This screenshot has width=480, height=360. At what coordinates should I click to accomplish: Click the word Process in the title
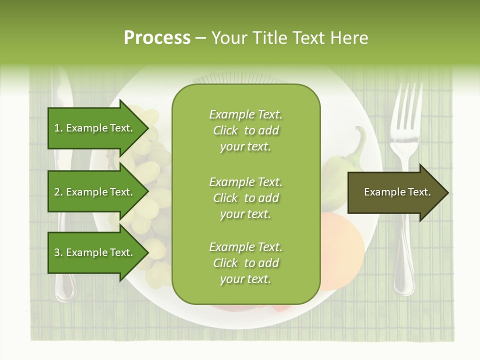[x=157, y=38]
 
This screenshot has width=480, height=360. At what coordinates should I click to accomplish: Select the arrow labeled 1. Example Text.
[x=95, y=128]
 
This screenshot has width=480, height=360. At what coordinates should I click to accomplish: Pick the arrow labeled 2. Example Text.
[x=95, y=192]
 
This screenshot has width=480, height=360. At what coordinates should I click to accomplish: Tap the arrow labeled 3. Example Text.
[x=95, y=252]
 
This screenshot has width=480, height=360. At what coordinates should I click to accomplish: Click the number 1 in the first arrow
[x=56, y=128]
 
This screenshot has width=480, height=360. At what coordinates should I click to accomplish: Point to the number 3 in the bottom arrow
[x=56, y=253]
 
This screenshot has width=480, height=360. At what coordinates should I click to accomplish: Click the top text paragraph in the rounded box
[x=245, y=130]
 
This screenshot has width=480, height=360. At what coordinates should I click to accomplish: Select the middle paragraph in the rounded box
[x=245, y=198]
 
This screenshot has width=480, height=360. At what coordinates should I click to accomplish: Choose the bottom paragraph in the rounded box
[x=245, y=263]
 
